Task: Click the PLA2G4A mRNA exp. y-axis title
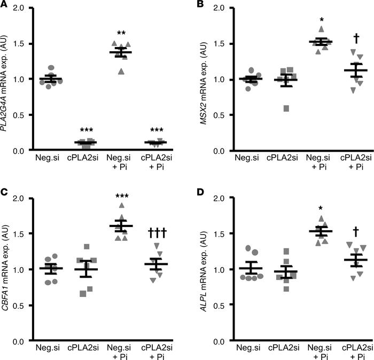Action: (x=8, y=79)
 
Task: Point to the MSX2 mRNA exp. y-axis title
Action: (x=202, y=79)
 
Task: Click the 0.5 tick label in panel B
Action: (x=216, y=115)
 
